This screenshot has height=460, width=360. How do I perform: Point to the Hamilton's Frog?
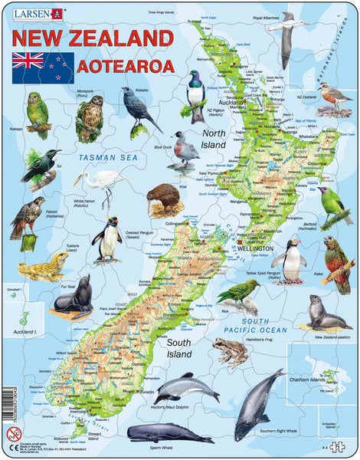229,352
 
